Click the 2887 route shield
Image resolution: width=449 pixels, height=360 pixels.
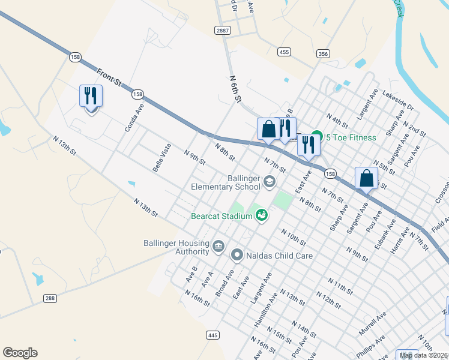point(221,30)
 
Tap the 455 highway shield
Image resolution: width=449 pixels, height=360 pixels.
point(284,53)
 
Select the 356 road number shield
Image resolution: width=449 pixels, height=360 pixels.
point(323,54)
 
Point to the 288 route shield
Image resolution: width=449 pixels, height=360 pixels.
point(50,298)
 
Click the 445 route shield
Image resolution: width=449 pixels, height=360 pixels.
point(213,335)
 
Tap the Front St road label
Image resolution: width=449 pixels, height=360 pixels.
point(110,79)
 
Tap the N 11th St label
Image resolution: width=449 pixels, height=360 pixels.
point(340,286)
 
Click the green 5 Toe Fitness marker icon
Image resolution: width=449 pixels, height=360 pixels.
point(317,137)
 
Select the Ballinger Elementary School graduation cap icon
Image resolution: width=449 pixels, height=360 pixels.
point(270,181)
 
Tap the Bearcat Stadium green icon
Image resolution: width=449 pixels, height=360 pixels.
point(262,215)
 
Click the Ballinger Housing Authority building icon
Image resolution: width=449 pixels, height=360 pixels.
point(218,245)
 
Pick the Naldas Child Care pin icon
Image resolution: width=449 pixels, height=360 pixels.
point(237,256)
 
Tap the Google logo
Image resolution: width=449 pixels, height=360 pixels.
point(20,353)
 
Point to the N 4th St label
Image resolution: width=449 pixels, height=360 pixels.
point(337,120)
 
